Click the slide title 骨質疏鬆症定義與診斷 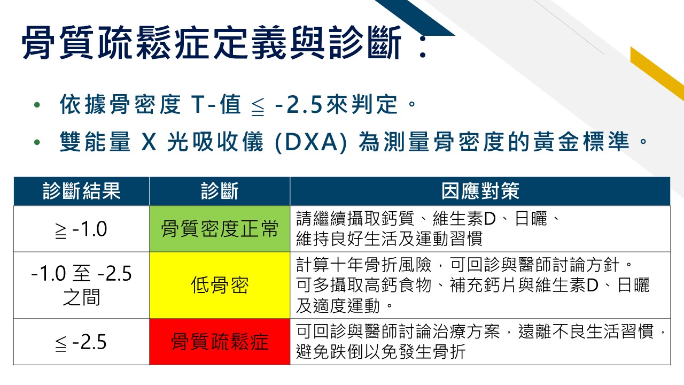pyautogui.click(x=211, y=43)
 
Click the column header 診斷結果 pyautogui.click(x=82, y=191)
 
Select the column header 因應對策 pyautogui.click(x=480, y=191)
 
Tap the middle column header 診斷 pyautogui.click(x=220, y=191)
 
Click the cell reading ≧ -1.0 pyautogui.click(x=81, y=229)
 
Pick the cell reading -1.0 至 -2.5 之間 pyautogui.click(x=81, y=285)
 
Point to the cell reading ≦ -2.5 pyautogui.click(x=81, y=342)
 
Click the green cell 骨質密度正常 pyautogui.click(x=220, y=229)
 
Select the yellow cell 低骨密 pyautogui.click(x=220, y=285)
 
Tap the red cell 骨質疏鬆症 pyautogui.click(x=220, y=342)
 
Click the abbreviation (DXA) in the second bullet pyautogui.click(x=311, y=142)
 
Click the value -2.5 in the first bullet pyautogui.click(x=299, y=104)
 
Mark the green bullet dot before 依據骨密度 pyautogui.click(x=37, y=105)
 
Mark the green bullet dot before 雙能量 pyautogui.click(x=37, y=142)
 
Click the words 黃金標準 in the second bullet pyautogui.click(x=581, y=142)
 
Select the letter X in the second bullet pyautogui.click(x=149, y=142)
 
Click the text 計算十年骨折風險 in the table pyautogui.click(x=364, y=265)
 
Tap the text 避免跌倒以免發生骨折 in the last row pyautogui.click(x=381, y=352)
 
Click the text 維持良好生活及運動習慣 pyautogui.click(x=390, y=238)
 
